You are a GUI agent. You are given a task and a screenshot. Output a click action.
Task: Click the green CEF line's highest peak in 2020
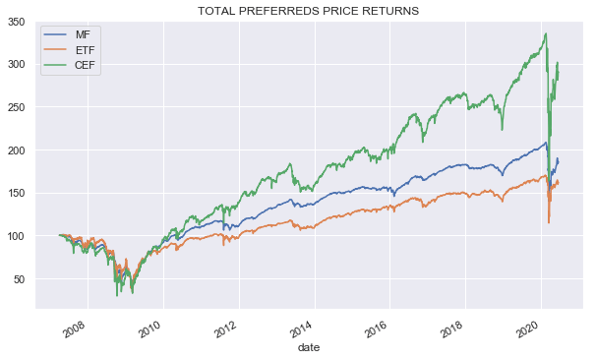(546, 34)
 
